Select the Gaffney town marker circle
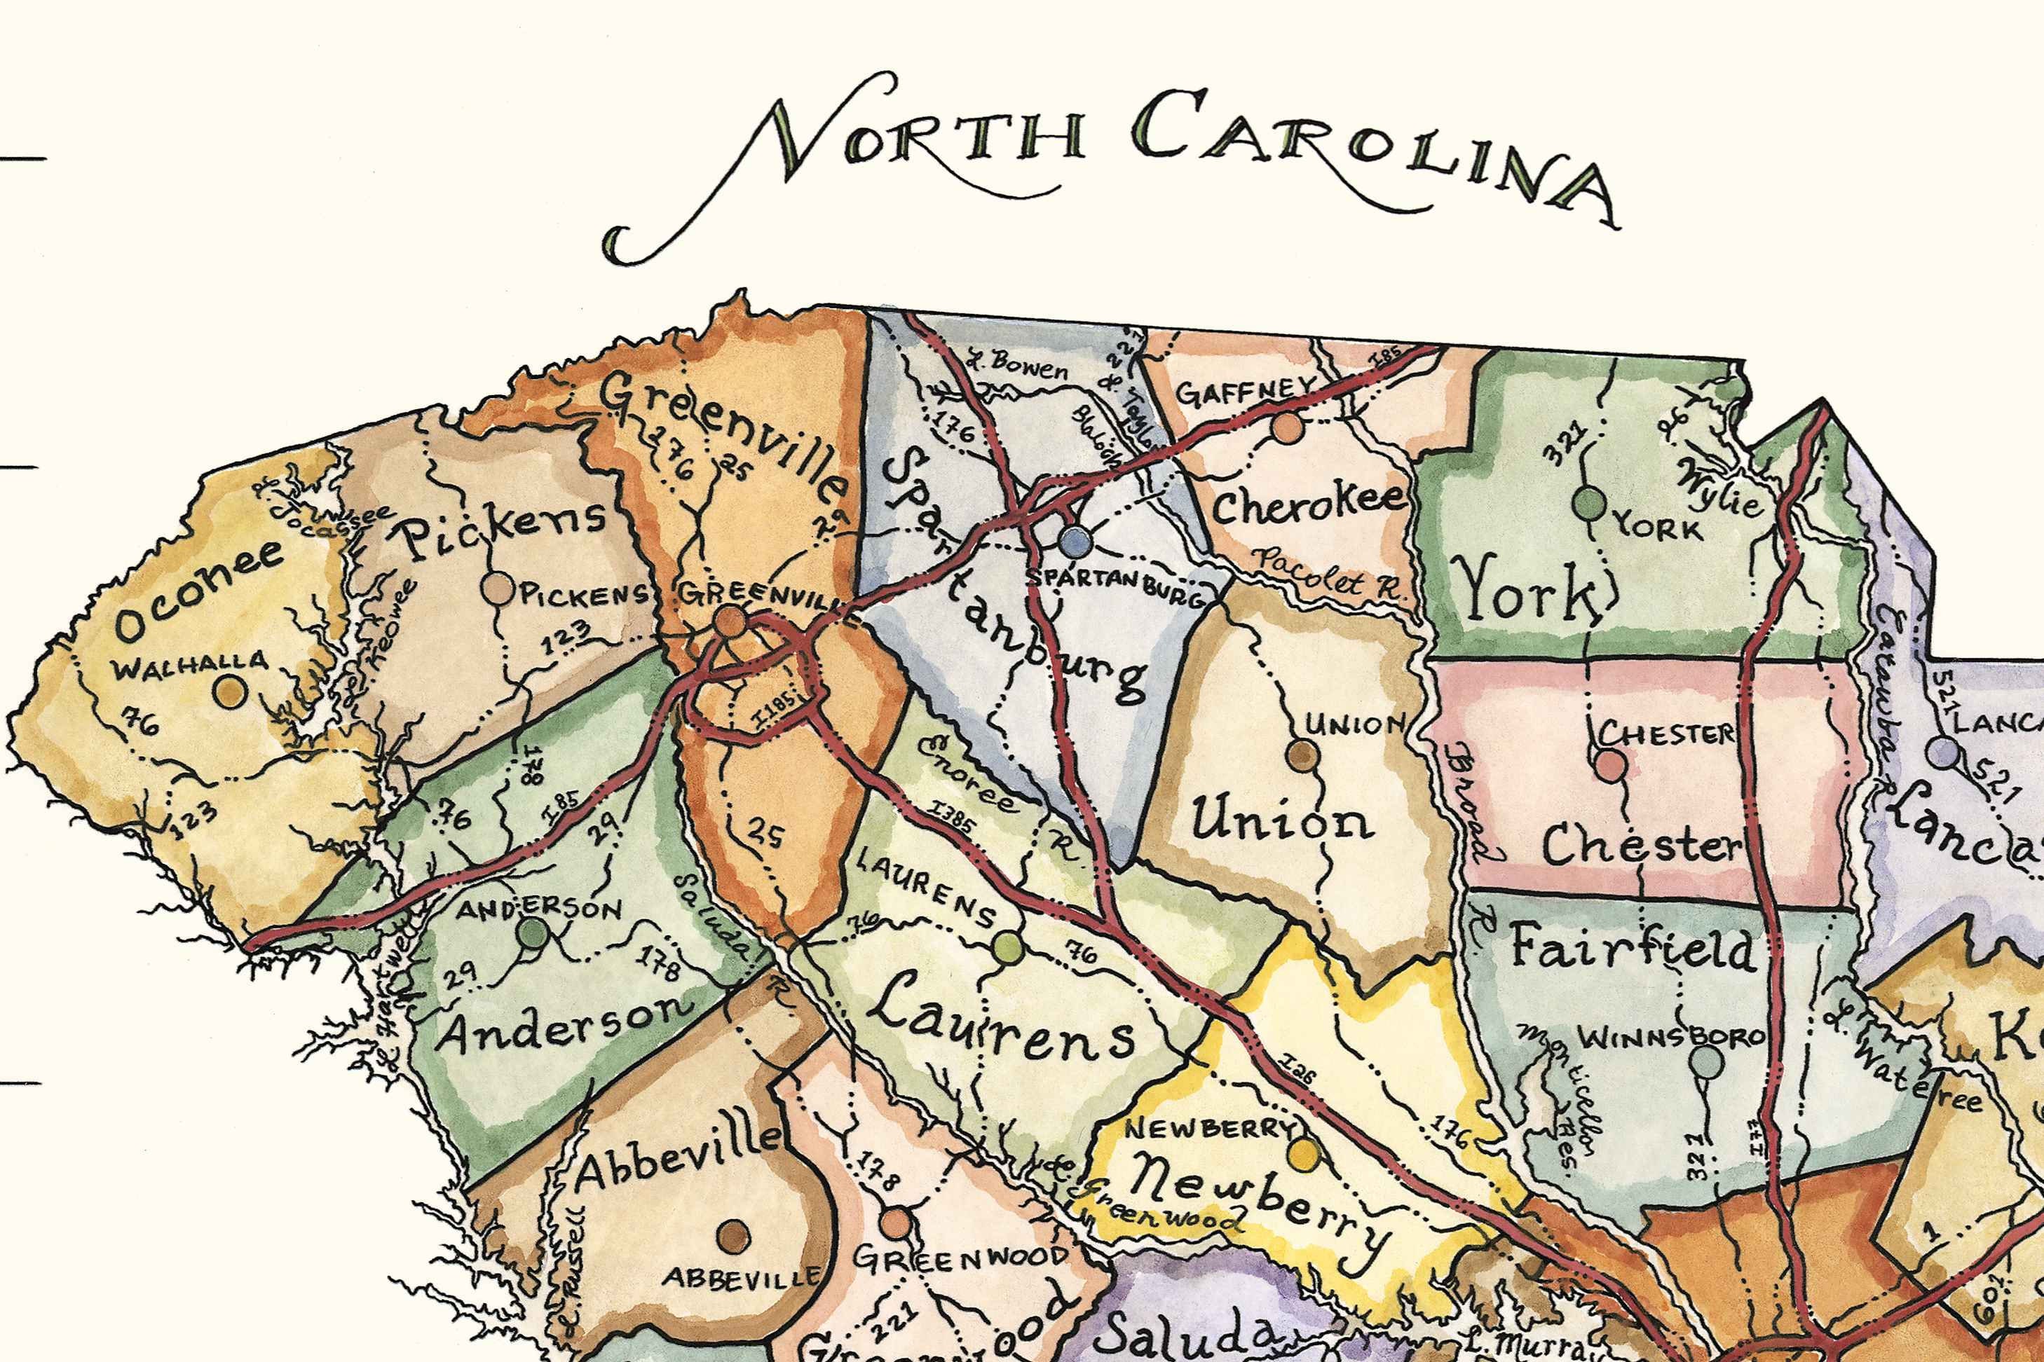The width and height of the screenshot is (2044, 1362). [x=1288, y=428]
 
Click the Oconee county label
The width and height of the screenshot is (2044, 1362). [x=198, y=591]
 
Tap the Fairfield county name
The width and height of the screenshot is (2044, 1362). [x=1632, y=947]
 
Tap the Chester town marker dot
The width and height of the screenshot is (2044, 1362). [x=1610, y=764]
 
